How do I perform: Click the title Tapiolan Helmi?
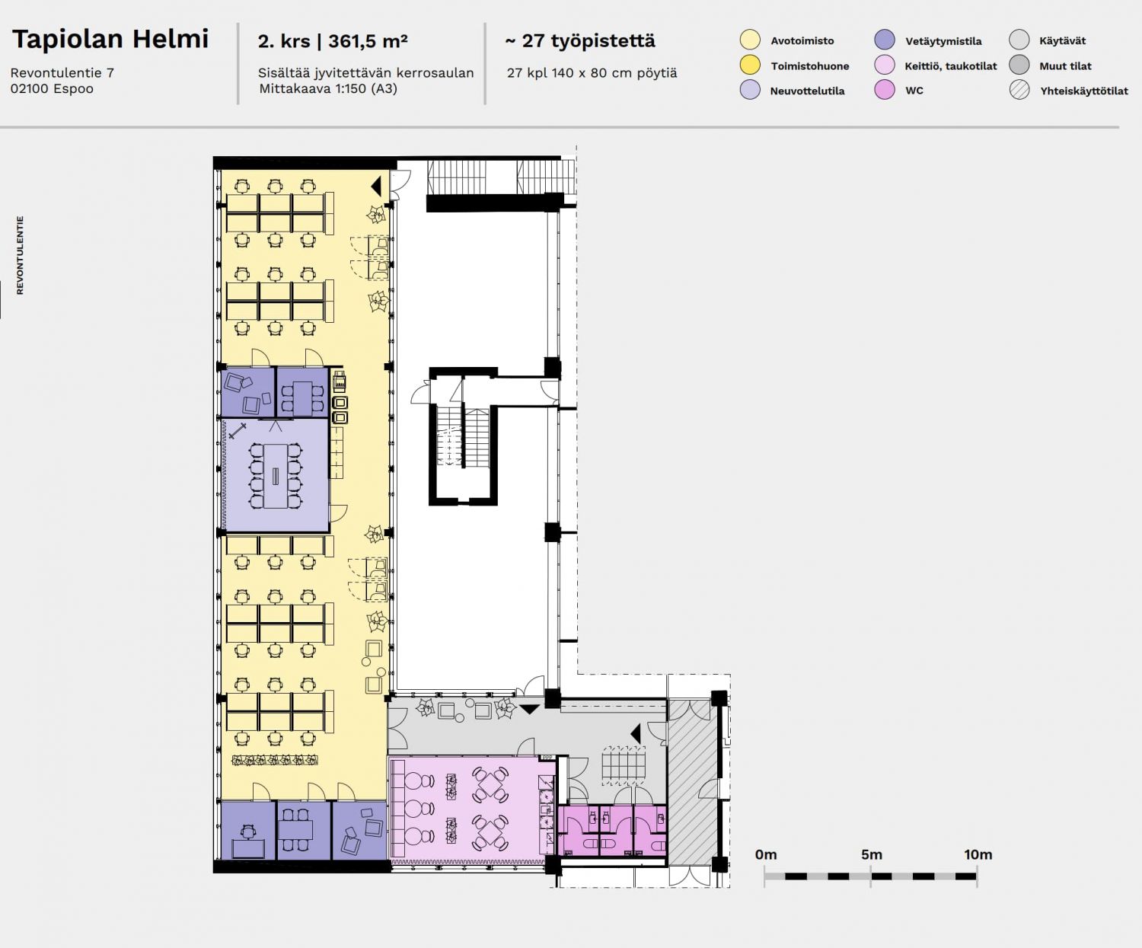click(x=110, y=40)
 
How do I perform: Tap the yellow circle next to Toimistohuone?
click(x=750, y=65)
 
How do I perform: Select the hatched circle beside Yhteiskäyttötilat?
click(x=1019, y=90)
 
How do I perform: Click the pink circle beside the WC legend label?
click(x=885, y=90)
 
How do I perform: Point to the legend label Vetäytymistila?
click(x=943, y=41)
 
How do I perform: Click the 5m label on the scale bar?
click(x=871, y=854)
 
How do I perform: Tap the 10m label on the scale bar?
click(x=978, y=854)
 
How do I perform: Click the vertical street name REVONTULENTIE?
click(x=21, y=255)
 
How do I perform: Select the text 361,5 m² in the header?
click(x=368, y=41)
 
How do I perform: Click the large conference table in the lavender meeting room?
click(x=276, y=475)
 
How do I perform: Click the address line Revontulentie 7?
click(x=62, y=73)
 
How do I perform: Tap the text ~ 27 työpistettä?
click(x=580, y=41)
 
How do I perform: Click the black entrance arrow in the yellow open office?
click(x=376, y=186)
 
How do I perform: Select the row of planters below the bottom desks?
click(x=275, y=760)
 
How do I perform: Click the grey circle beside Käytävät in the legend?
click(x=1019, y=40)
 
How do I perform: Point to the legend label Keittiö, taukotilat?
click(x=951, y=66)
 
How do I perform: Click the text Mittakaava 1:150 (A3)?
click(x=328, y=88)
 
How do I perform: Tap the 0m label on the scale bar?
click(x=766, y=854)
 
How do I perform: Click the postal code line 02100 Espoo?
click(x=52, y=88)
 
